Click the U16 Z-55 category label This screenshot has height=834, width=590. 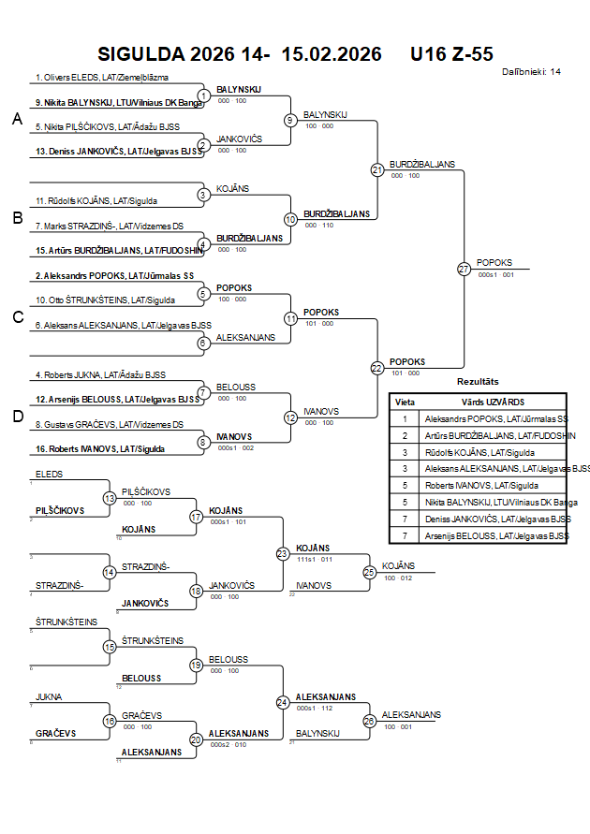point(451,54)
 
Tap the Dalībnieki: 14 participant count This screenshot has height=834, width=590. point(532,71)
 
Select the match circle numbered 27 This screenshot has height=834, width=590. point(464,269)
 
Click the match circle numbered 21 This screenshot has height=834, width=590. point(377,169)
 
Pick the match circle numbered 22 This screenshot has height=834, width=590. point(377,368)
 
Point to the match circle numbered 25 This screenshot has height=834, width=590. point(369,571)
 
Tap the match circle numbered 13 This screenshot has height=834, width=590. point(110,498)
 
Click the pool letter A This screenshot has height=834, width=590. point(17,119)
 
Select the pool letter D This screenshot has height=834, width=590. point(17,417)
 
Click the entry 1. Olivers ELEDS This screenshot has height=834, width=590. point(113,78)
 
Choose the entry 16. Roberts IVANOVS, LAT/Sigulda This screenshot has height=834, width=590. point(100,449)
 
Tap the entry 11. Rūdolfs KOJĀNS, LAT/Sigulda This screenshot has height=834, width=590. point(96,200)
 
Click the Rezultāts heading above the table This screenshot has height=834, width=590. point(478,382)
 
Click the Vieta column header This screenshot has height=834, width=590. point(405,401)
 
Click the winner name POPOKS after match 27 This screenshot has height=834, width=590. point(494,263)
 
